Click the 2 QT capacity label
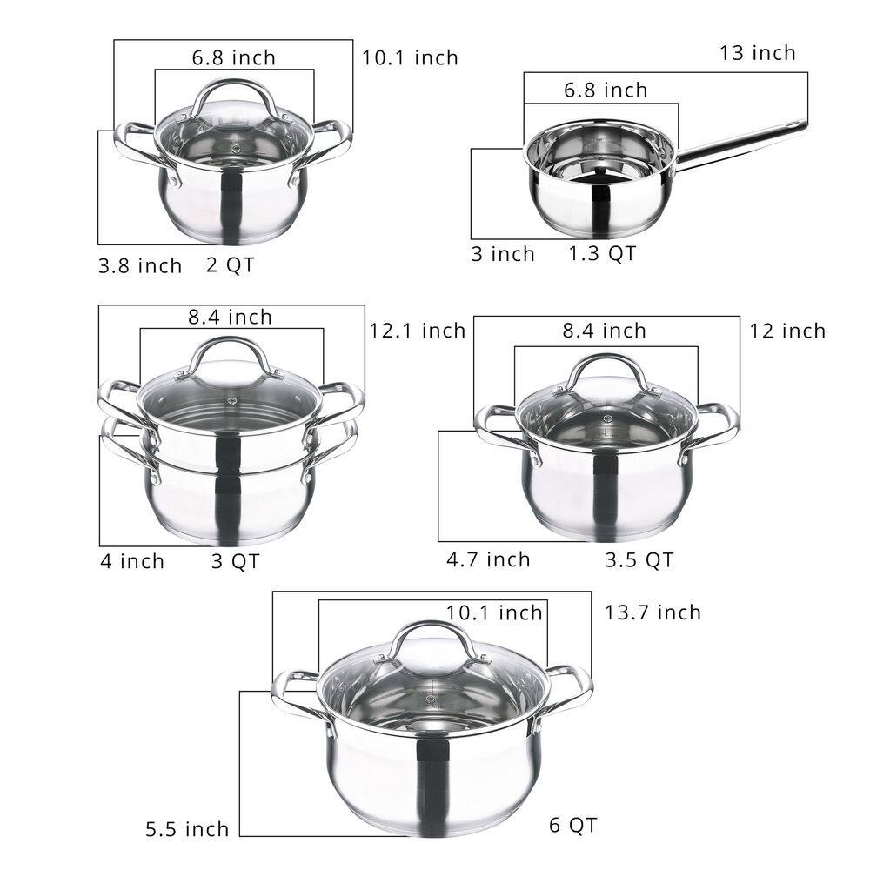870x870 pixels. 231,265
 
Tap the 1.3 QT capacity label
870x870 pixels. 602,253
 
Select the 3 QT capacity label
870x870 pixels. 235,561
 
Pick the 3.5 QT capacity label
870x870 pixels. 639,559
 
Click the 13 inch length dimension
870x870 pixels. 757,53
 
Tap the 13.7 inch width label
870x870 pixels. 652,612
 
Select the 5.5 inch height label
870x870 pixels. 187,828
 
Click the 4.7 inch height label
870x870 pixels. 488,559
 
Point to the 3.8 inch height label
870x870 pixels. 139,265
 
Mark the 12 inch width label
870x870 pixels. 787,331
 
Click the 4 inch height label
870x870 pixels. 131,561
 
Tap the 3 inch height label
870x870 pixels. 503,254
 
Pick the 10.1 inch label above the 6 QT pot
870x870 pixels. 494,612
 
